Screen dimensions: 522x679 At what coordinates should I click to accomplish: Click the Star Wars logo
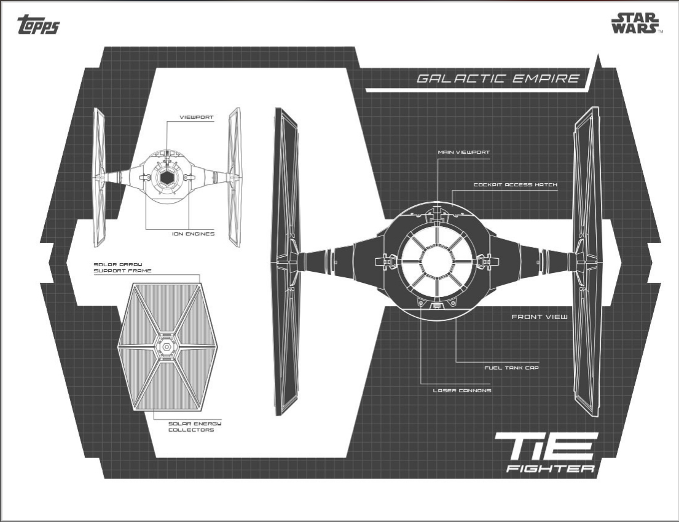pyautogui.click(x=635, y=23)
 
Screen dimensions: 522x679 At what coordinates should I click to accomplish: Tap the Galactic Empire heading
pyautogui.click(x=498, y=79)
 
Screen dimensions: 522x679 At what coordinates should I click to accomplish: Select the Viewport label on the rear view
pyautogui.click(x=196, y=117)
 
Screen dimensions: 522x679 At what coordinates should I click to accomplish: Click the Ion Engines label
pyautogui.click(x=193, y=234)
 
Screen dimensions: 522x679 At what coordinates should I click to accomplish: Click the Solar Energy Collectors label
pyautogui.click(x=191, y=427)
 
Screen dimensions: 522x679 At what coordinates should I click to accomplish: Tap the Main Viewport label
pyautogui.click(x=463, y=152)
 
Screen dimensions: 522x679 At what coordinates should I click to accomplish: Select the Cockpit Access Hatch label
pyautogui.click(x=515, y=184)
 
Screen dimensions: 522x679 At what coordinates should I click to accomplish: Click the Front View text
pyautogui.click(x=540, y=317)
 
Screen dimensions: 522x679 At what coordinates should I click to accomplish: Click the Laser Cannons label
pyautogui.click(x=461, y=390)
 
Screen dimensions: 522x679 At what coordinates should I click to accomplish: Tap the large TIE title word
pyautogui.click(x=546, y=446)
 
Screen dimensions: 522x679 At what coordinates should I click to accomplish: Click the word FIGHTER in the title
pyautogui.click(x=550, y=469)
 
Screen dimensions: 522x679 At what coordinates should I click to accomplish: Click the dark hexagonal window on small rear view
pyautogui.click(x=166, y=178)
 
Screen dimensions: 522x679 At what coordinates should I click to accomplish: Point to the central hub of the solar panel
pyautogui.click(x=166, y=347)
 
